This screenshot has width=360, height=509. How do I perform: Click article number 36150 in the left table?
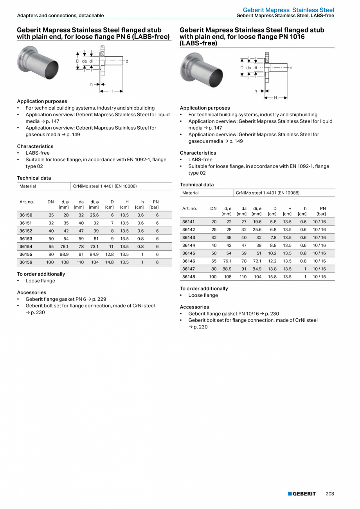26,215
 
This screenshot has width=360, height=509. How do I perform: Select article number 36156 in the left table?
26,262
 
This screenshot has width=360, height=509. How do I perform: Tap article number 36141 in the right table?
189,222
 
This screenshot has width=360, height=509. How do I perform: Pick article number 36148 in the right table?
189,277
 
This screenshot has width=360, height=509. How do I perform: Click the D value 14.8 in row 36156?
109,262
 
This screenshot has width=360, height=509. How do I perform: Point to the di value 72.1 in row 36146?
257,261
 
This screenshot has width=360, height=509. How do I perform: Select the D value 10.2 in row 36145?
272,253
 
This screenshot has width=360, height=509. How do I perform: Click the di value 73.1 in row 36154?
94,247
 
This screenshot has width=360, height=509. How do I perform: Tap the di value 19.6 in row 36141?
257,222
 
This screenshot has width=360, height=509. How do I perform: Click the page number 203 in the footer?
330,494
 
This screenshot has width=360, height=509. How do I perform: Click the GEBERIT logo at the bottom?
302,494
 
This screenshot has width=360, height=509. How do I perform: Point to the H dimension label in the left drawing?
111,91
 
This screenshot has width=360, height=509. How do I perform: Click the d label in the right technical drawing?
291,68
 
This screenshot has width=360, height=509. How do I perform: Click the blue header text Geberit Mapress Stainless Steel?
288,10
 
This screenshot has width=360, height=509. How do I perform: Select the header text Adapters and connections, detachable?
60,16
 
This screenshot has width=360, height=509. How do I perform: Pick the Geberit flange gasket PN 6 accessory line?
66,299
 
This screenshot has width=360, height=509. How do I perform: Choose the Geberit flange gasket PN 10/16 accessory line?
234,314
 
